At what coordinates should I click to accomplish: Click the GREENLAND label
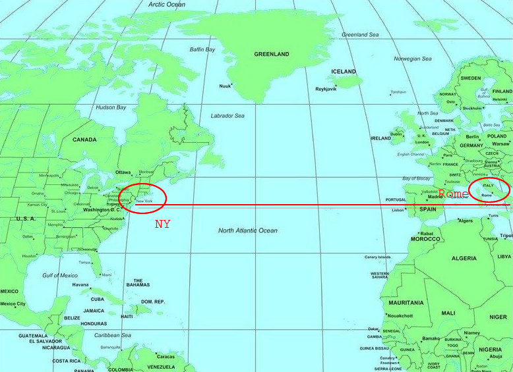[x=271, y=54]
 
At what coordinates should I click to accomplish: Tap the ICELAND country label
[x=344, y=71]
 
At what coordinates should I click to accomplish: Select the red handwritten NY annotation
[x=163, y=224]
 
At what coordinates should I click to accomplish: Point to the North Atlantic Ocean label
[x=248, y=230]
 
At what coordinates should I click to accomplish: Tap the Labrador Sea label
[x=227, y=116]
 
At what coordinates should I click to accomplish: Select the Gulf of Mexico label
[x=60, y=275]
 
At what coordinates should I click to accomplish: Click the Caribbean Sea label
[x=113, y=335]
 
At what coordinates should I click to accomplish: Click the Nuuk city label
[x=225, y=86]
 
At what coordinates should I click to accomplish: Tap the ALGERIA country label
[x=464, y=258]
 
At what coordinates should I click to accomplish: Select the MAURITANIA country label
[x=406, y=303]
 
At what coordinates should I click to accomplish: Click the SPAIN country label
[x=428, y=209]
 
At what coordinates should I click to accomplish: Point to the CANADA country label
[x=84, y=140]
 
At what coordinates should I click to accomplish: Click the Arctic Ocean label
[x=167, y=5]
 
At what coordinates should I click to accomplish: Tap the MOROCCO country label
[x=425, y=238]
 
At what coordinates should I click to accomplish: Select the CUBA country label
[x=97, y=299]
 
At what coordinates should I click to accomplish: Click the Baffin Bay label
[x=202, y=49]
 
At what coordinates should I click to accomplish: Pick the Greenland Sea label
[x=360, y=34]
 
